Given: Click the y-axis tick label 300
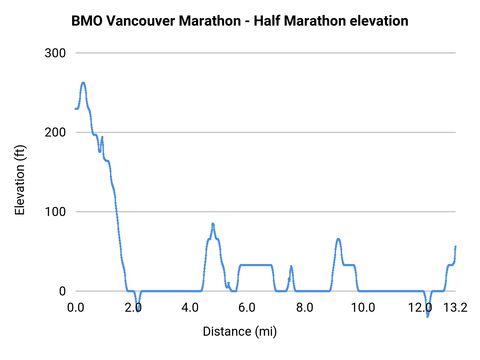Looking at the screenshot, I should pyautogui.click(x=55, y=53).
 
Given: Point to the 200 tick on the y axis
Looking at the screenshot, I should pyautogui.click(x=55, y=133).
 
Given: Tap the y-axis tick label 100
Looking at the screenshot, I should pyautogui.click(x=55, y=212).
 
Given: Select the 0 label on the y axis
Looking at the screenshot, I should pyautogui.click(x=62, y=291).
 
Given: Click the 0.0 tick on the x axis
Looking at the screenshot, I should pyautogui.click(x=76, y=308).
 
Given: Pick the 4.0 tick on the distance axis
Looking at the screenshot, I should pyautogui.click(x=190, y=308).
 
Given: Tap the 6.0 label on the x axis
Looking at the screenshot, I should pyautogui.click(x=247, y=308).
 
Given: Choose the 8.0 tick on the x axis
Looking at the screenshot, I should pyautogui.click(x=305, y=308).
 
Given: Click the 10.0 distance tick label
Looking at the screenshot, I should pyautogui.click(x=363, y=308).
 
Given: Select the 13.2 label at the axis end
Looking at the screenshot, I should pyautogui.click(x=455, y=308).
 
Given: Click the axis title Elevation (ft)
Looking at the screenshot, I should pyautogui.click(x=19, y=180).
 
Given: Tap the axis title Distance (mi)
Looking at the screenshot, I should pyautogui.click(x=239, y=331).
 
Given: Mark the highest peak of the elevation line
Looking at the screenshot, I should pyautogui.click(x=83, y=83).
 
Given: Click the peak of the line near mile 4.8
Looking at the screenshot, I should pyautogui.click(x=213, y=224).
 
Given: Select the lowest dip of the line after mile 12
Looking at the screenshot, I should pyautogui.click(x=427, y=317).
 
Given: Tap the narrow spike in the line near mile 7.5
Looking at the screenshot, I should pyautogui.click(x=291, y=266).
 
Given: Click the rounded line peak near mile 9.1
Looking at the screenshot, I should pyautogui.click(x=338, y=239).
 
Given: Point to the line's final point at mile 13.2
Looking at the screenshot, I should pyautogui.click(x=455, y=247).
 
